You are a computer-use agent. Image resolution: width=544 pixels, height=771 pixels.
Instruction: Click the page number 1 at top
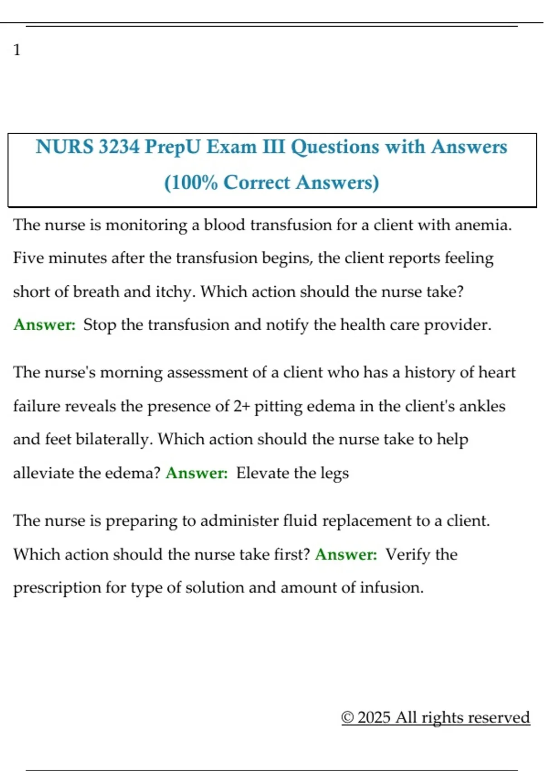tap(17, 49)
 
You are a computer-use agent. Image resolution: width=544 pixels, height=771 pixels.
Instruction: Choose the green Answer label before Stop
tap(44, 325)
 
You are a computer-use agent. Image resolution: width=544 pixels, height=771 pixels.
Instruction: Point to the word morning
tap(131, 372)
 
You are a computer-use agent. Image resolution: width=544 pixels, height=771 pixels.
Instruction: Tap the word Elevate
tap(263, 473)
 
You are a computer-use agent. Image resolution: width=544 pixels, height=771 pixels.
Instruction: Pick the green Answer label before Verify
tap(346, 554)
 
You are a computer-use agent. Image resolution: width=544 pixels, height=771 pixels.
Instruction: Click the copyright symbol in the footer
tap(347, 717)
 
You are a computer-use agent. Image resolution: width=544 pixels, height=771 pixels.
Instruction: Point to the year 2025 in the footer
tap(374, 717)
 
